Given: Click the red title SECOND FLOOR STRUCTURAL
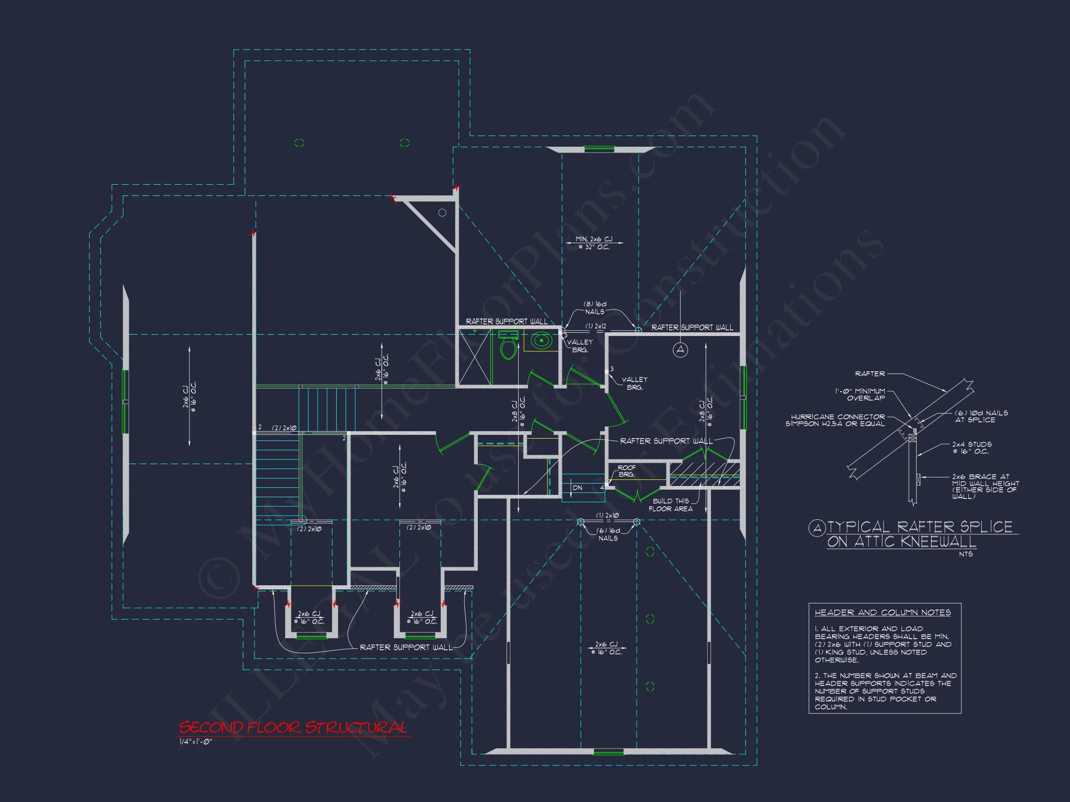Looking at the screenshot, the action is point(293,728).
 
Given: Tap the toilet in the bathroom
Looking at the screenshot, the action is point(508,346).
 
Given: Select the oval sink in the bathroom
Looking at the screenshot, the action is point(542,341).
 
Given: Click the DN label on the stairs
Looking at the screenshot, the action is point(578,488).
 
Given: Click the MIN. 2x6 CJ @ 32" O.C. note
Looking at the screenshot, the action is point(594,243).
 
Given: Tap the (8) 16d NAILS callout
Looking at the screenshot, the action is point(594,308).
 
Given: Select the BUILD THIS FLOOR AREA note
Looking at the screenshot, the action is point(671,504).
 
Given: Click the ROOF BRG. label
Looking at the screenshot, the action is point(626,471).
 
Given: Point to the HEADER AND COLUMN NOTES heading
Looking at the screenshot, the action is point(882,613).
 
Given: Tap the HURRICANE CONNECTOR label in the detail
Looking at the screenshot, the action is point(838,420).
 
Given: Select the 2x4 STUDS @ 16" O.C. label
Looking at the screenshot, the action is point(972,448).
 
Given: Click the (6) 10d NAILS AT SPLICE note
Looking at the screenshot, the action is point(981,416).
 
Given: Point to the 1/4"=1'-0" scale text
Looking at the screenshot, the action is point(196,742).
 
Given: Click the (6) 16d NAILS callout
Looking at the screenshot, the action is point(608,534).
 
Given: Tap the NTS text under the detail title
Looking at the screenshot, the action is point(966,554).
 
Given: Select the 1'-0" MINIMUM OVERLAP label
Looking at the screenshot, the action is point(860,395).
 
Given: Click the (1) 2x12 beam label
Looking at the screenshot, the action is point(595,326).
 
